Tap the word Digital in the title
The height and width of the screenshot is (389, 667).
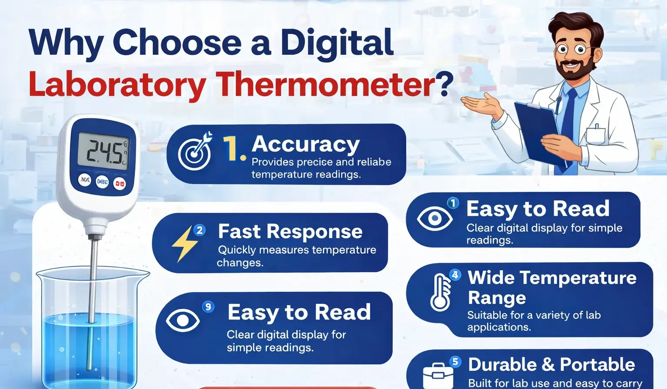337,43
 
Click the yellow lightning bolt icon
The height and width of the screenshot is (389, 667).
184,244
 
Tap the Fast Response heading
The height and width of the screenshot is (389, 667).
290,231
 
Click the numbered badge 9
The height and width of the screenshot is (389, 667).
208,307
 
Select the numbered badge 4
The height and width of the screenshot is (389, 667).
455,275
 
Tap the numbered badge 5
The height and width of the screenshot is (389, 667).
455,362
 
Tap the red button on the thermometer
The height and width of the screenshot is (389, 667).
119,184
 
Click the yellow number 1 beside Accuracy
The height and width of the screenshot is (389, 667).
232,148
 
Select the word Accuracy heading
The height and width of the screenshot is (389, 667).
306,144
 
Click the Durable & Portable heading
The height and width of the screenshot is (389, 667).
551,365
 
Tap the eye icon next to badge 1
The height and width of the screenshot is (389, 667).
434,218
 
